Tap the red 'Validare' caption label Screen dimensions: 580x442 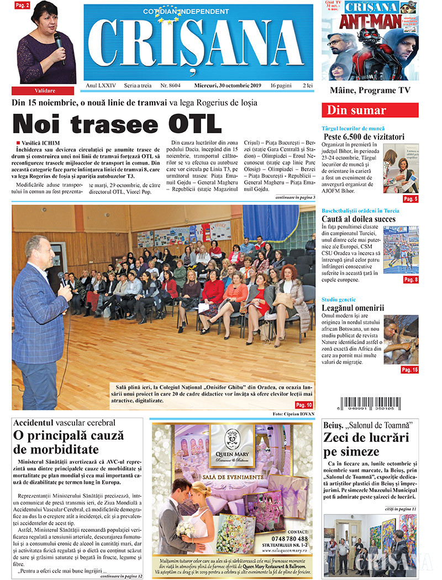click(44, 90)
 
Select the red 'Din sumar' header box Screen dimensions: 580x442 click(370, 110)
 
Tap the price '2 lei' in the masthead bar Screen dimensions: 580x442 click(307, 86)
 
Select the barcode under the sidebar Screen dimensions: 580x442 click(370, 402)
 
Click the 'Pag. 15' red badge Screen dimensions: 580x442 click(409, 370)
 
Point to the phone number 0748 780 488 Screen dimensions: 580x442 click(290, 539)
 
